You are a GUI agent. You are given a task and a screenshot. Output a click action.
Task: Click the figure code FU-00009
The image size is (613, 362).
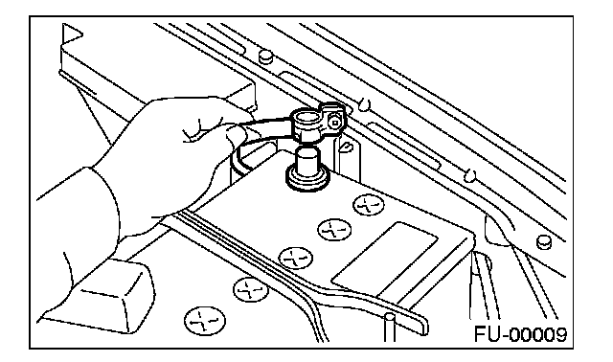coord(520,334)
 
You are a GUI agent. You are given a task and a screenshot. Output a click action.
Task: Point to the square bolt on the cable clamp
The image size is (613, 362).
coord(335,123)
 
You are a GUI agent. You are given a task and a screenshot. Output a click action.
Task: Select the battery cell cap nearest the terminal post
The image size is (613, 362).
coord(368,205)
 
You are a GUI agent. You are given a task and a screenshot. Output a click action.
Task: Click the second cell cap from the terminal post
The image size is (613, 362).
coord(334,230)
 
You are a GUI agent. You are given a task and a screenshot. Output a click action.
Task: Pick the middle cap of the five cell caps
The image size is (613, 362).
coord(295,258)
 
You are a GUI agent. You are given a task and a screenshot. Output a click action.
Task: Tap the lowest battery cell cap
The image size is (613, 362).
coord(205,320)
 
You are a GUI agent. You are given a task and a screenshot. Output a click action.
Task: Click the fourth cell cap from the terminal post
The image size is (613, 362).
coord(251,289)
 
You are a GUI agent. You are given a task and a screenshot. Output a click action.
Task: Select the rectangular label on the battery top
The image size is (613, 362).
coord(385,260)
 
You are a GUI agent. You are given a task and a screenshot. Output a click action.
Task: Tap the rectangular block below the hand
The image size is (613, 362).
coord(104,295)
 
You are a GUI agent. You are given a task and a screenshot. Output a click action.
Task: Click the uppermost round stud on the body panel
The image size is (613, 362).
coord(265,56)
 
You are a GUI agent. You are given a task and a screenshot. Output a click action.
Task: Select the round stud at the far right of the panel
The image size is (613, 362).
coord(543,242)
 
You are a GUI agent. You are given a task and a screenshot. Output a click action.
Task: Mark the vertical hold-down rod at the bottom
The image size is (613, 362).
coord(389,328)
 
